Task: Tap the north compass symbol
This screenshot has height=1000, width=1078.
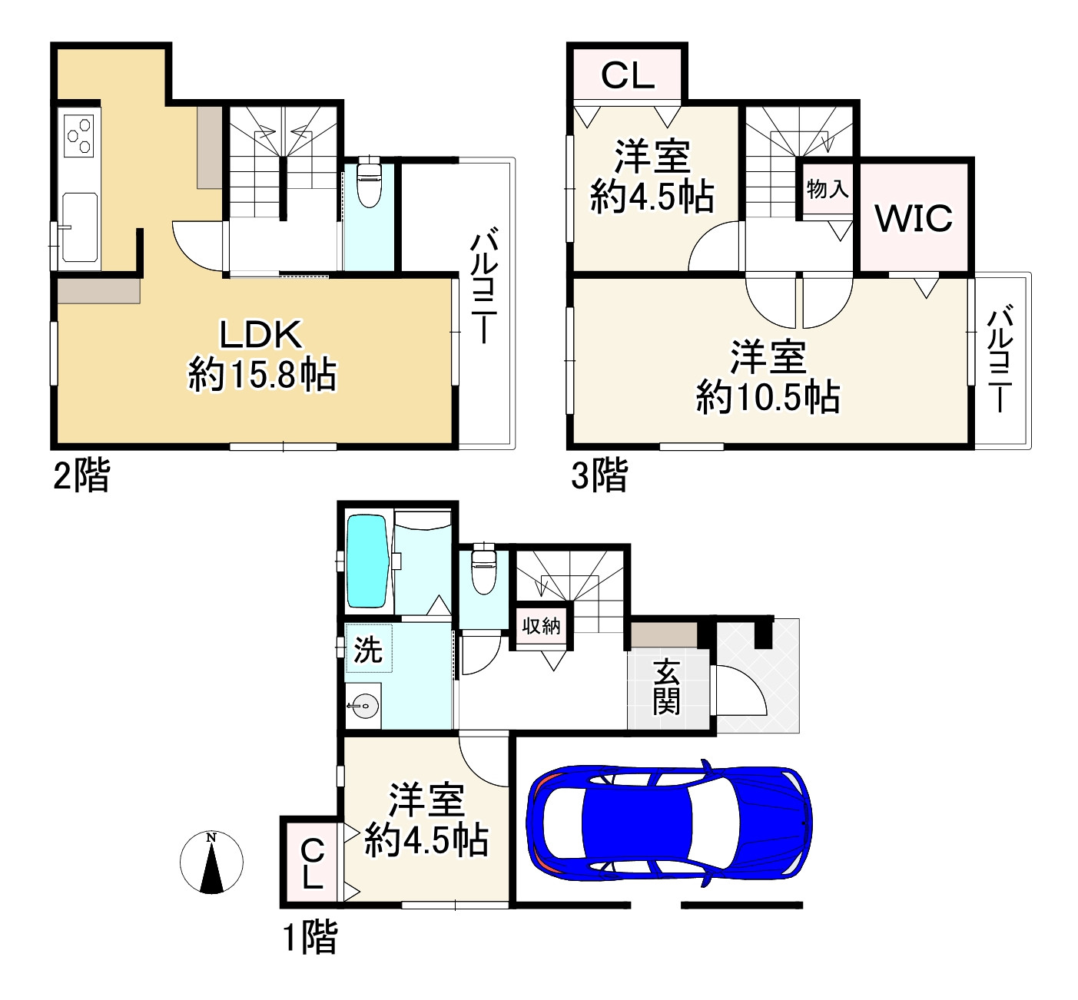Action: pyautogui.click(x=211, y=862)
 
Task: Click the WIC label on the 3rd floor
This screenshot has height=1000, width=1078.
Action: pyautogui.click(x=914, y=218)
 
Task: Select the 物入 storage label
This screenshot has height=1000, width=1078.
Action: pyautogui.click(x=828, y=188)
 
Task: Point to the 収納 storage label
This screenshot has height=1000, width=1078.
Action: pyautogui.click(x=541, y=626)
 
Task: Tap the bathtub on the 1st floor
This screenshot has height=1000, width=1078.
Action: pyautogui.click(x=367, y=561)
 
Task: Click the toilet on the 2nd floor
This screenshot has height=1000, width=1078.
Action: pyautogui.click(x=370, y=183)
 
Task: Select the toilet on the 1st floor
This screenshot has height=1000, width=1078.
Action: pyautogui.click(x=483, y=569)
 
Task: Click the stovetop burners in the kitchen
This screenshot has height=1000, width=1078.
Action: pyautogui.click(x=79, y=136)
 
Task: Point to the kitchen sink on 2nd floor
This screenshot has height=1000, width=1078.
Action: pyautogui.click(x=79, y=227)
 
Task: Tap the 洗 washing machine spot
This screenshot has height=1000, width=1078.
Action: pyautogui.click(x=368, y=650)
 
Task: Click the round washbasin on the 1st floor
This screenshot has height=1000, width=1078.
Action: pyautogui.click(x=364, y=705)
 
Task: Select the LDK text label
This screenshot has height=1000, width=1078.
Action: pyautogui.click(x=261, y=335)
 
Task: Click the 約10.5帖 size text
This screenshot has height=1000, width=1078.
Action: pyautogui.click(x=768, y=398)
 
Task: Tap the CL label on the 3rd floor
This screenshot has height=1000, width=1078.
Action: pyautogui.click(x=627, y=75)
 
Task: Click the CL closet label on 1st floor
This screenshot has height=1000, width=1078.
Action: pyautogui.click(x=312, y=863)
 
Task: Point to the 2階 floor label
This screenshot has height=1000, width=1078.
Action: pyautogui.click(x=81, y=475)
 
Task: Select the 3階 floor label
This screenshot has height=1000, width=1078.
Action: pyautogui.click(x=599, y=475)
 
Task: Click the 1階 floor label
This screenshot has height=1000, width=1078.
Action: pyautogui.click(x=310, y=937)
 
